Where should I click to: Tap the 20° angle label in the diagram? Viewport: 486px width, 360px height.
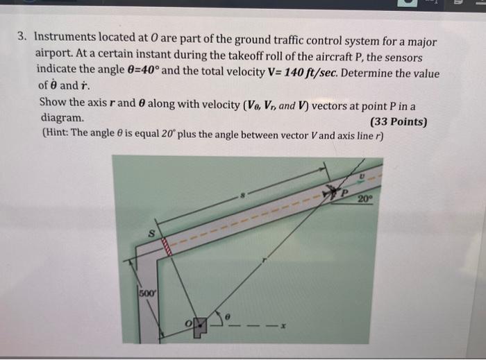367,200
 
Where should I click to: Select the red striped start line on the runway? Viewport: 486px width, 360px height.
167,245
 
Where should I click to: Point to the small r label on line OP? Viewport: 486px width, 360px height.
265,262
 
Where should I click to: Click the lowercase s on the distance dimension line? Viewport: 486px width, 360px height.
242,198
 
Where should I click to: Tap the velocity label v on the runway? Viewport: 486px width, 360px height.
361,177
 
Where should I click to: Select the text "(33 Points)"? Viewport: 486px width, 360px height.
399,123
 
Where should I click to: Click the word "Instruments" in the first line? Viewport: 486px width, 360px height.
65,41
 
